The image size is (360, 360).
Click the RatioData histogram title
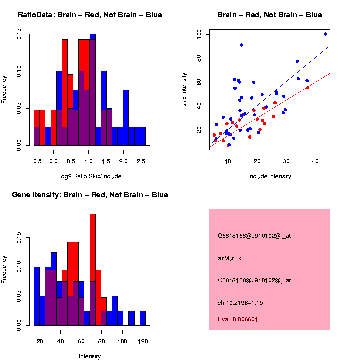click(x=90, y=15)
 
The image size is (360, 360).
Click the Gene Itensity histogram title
click(x=90, y=195)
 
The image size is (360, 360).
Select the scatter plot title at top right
click(x=269, y=15)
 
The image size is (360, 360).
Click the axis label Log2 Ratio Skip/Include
click(x=89, y=176)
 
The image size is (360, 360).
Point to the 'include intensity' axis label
click(x=269, y=176)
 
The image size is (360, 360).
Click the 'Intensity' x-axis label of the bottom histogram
click(x=90, y=356)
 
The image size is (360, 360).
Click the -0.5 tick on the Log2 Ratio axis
click(x=35, y=161)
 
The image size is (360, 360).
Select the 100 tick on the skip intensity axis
click(x=199, y=34)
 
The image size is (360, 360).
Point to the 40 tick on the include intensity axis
click(x=315, y=161)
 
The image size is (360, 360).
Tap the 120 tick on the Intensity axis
click(x=143, y=341)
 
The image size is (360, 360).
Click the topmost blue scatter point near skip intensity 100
click(x=325, y=34)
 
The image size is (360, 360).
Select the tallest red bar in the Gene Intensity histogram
click(x=93, y=270)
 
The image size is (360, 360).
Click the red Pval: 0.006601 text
click(x=238, y=319)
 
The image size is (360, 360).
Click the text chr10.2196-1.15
click(x=240, y=303)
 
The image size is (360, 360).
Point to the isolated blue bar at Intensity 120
click(x=143, y=318)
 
